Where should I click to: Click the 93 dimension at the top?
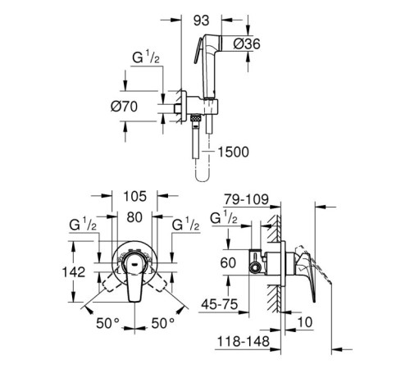pyautogui.click(x=202, y=20)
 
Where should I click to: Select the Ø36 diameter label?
pyautogui.click(x=247, y=43)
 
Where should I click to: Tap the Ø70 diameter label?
pyautogui.click(x=124, y=107)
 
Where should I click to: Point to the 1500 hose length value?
pyautogui.click(x=234, y=152)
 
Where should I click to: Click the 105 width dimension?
pyautogui.click(x=135, y=196)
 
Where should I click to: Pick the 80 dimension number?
pyautogui.click(x=134, y=217)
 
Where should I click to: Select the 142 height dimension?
pyautogui.click(x=74, y=272)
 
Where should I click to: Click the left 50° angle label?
pyautogui.click(x=107, y=323)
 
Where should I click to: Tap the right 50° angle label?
pyautogui.click(x=163, y=323)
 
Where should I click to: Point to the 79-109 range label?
pyautogui.click(x=246, y=199)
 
